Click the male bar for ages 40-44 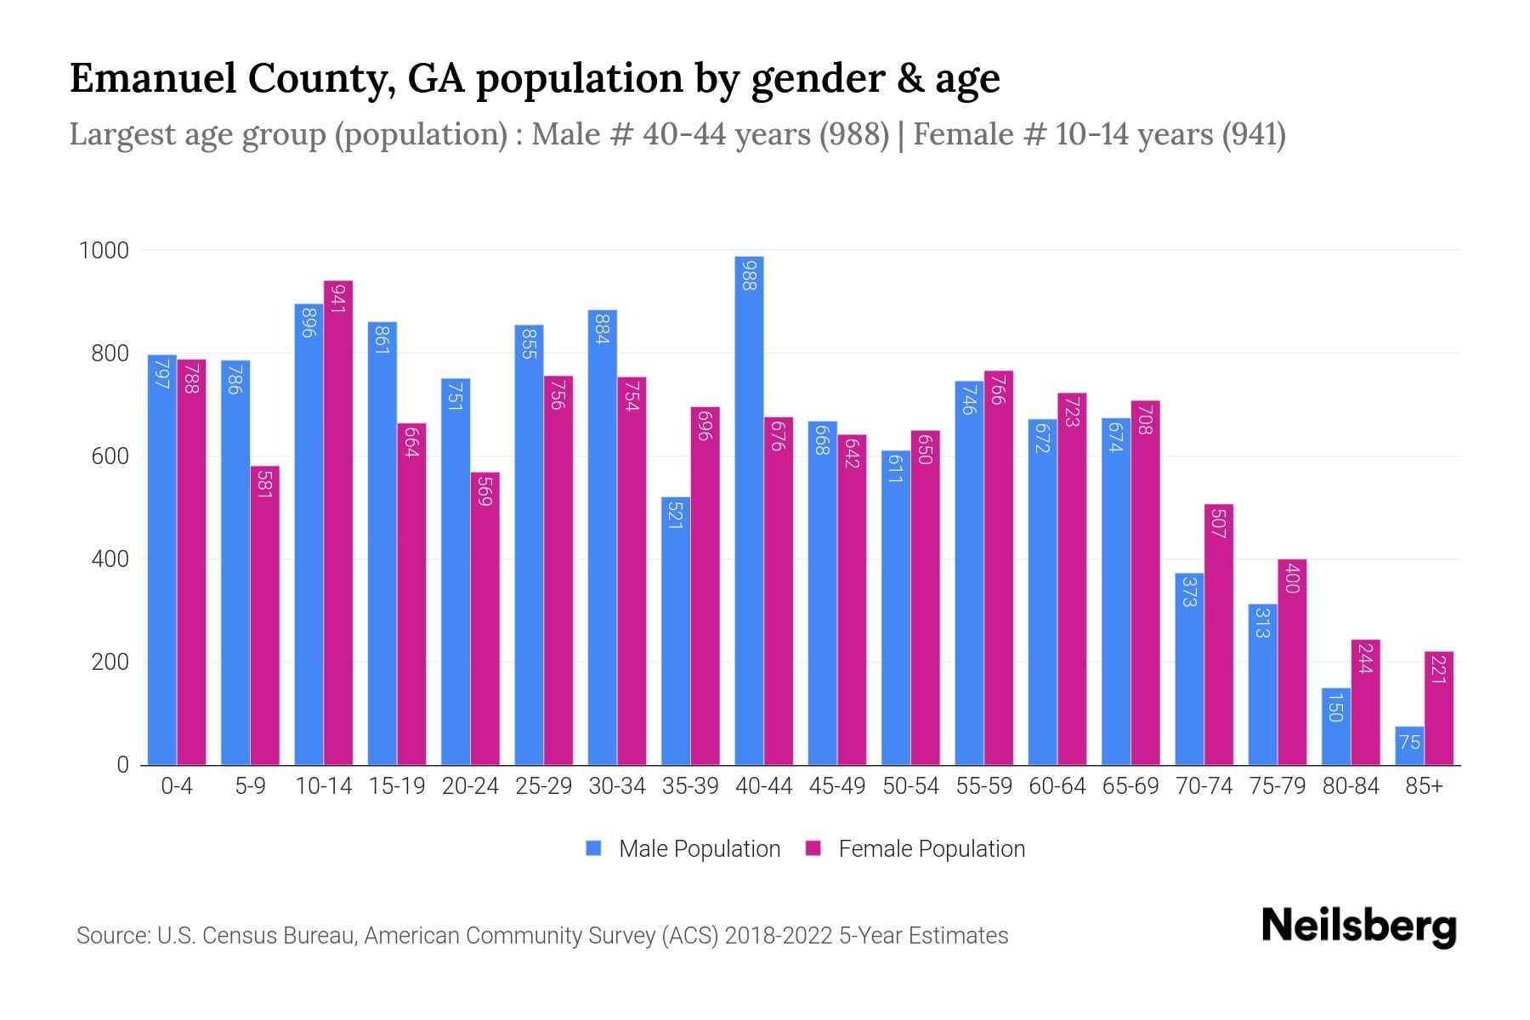[749, 510]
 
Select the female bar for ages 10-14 [338, 523]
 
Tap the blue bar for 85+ [1409, 745]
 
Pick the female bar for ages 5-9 [264, 615]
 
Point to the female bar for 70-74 [1218, 634]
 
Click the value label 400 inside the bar [1292, 578]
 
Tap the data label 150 [1335, 707]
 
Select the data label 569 [484, 491]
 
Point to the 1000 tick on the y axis [104, 251]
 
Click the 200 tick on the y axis [110, 662]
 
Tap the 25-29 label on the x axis [543, 786]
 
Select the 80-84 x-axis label [1351, 786]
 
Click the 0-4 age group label [177, 786]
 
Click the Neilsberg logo [1358, 926]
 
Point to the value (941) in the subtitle [1254, 134]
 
